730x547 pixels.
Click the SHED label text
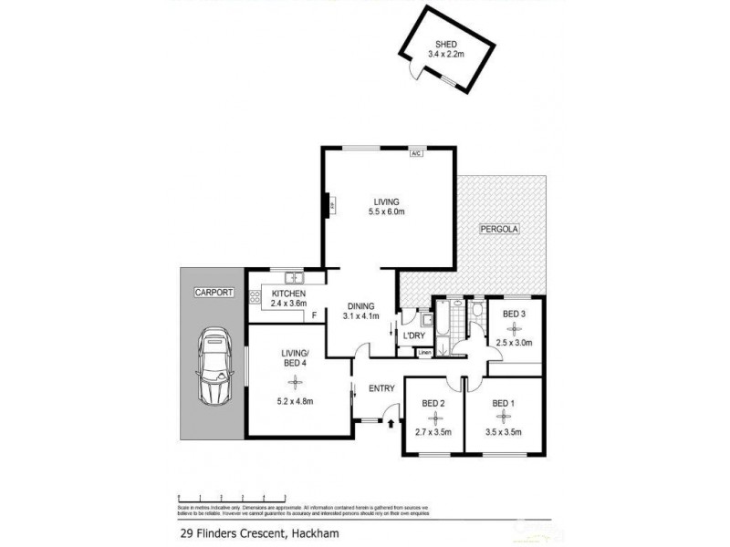pyautogui.click(x=445, y=43)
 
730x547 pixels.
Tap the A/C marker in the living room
pyautogui.click(x=415, y=153)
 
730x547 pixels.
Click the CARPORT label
pyautogui.click(x=214, y=293)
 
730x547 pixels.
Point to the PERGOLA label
pyautogui.click(x=499, y=230)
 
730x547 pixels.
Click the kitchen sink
pyautogui.click(x=294, y=277)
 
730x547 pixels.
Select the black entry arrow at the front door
pyautogui.click(x=391, y=423)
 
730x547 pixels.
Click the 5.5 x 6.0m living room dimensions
pyautogui.click(x=387, y=212)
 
